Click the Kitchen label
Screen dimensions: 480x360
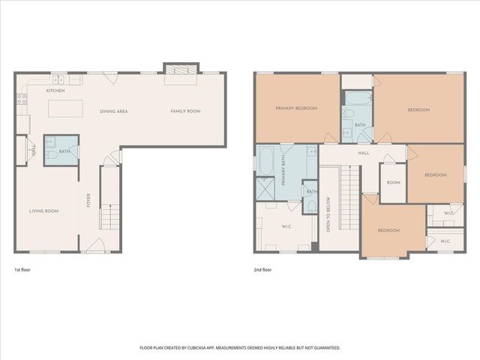[55, 91]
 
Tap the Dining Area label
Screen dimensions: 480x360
[114, 112]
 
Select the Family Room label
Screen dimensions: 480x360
[185, 111]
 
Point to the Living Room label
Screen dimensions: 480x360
[43, 211]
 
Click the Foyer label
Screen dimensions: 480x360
[88, 200]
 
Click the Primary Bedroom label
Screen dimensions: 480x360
[296, 108]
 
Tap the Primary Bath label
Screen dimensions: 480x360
[283, 174]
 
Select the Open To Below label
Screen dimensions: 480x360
[328, 214]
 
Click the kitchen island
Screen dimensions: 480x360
[65, 108]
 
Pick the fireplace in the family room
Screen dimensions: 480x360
[181, 70]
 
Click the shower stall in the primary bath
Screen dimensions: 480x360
[265, 189]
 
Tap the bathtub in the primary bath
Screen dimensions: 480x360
[267, 161]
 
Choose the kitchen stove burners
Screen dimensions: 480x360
[22, 99]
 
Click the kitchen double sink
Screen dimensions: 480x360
[58, 80]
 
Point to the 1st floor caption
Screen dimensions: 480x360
[22, 270]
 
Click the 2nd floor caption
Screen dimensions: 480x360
[262, 270]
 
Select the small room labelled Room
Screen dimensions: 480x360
[393, 183]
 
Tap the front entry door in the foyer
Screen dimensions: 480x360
[96, 245]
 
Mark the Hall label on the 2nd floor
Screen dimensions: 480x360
[364, 153]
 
